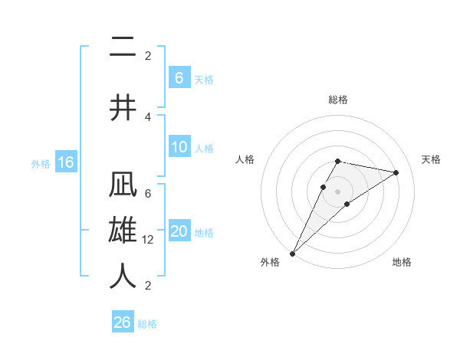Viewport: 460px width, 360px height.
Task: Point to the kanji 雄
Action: pyautogui.click(x=123, y=231)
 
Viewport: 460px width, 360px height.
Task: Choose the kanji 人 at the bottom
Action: pyautogui.click(x=123, y=276)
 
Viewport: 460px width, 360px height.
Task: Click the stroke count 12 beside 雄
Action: pyautogui.click(x=149, y=240)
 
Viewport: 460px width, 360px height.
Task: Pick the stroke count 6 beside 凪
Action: pyautogui.click(x=148, y=195)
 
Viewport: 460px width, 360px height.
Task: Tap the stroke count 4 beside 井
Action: pyautogui.click(x=148, y=116)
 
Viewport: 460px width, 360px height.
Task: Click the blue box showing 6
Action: pyautogui.click(x=179, y=78)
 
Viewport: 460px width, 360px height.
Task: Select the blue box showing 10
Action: pyautogui.click(x=179, y=148)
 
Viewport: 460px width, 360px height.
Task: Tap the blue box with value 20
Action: pyautogui.click(x=179, y=232)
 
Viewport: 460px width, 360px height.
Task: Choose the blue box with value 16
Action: pyautogui.click(x=66, y=162)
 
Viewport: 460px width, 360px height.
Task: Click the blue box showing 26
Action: pyautogui.click(x=123, y=322)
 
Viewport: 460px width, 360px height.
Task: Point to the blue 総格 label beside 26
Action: pyautogui.click(x=147, y=324)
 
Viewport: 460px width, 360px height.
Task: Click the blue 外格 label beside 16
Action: pyautogui.click(x=41, y=163)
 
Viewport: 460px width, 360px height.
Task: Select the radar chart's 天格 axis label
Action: pyautogui.click(x=431, y=159)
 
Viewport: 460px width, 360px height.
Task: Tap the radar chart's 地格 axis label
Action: pyautogui.click(x=402, y=262)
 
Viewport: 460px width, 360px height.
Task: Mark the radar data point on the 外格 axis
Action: pyautogui.click(x=292, y=253)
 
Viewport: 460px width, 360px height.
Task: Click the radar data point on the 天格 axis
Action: pyautogui.click(x=396, y=172)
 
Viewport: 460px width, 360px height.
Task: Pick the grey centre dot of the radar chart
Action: pyautogui.click(x=338, y=191)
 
